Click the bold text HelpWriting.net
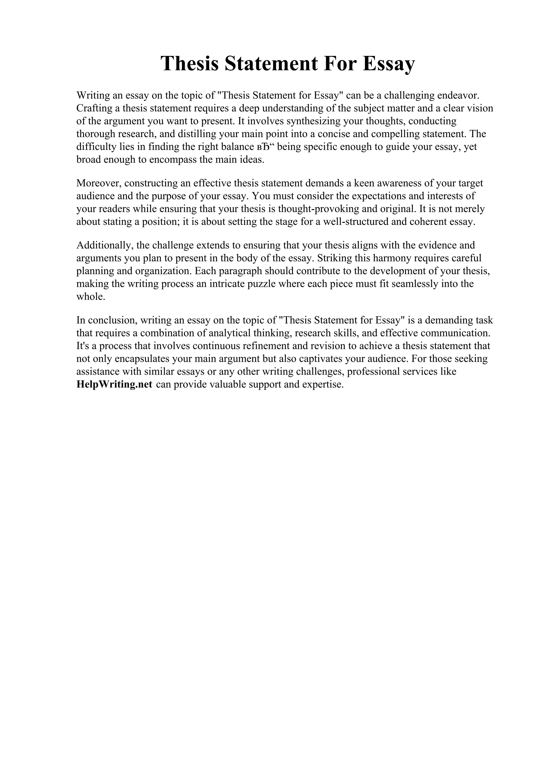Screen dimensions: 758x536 point(114,384)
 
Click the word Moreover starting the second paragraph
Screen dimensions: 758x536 point(98,183)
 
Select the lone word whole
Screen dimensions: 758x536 point(91,297)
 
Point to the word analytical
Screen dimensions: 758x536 point(230,333)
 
